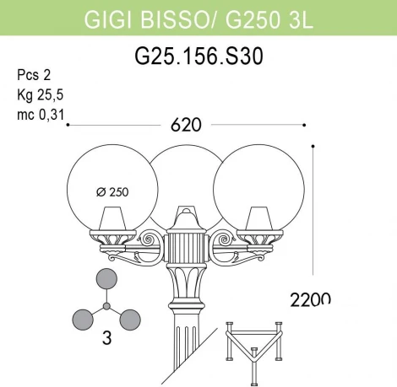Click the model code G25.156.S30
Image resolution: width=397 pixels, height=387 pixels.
tap(198, 56)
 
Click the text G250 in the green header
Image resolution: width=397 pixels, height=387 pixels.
tap(257, 19)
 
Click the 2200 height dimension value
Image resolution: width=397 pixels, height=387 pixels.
tap(308, 299)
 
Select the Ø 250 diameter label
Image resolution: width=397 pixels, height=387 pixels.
tap(112, 191)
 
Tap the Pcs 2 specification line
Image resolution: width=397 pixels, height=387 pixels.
tap(32, 73)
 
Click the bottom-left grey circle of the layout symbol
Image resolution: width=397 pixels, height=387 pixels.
tap(82, 320)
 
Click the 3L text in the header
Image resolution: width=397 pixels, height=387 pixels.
tap(302, 19)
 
